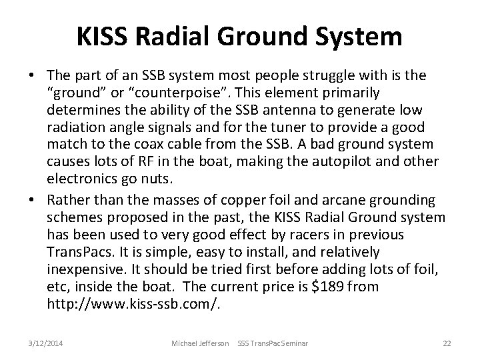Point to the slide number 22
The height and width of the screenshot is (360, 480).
pyautogui.click(x=447, y=343)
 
